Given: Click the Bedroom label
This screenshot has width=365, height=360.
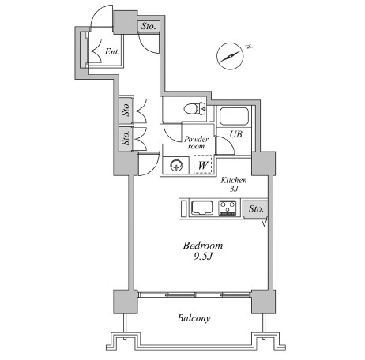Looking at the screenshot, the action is [x=203, y=246].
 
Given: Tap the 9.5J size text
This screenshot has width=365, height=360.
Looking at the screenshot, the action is [x=203, y=256].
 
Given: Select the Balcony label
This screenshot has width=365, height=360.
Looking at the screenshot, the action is [x=194, y=318].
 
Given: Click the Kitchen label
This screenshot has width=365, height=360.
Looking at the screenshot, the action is [x=234, y=180].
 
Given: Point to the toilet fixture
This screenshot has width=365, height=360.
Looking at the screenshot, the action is [x=195, y=108].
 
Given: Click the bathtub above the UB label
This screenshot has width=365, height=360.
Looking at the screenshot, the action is [x=234, y=116].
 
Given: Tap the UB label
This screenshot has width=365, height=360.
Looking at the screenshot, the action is [x=235, y=134].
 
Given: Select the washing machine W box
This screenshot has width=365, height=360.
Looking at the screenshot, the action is [x=203, y=164].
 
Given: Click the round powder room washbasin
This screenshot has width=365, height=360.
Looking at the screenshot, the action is [x=176, y=166].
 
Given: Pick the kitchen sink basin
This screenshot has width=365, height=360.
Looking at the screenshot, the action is [x=202, y=208].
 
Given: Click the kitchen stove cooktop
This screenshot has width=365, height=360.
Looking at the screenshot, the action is [x=228, y=208].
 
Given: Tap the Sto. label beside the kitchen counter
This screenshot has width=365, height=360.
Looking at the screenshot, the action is [x=256, y=209].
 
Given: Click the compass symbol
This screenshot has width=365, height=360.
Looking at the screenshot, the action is [x=230, y=56].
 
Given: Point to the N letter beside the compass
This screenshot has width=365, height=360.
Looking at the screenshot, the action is [x=249, y=47].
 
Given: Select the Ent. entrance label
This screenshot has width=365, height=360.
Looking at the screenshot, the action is [x=112, y=51].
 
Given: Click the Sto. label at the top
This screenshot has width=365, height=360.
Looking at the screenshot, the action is [x=149, y=26].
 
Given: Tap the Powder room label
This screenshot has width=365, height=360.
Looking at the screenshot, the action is [x=196, y=142].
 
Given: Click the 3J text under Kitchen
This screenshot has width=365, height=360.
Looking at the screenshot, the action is [x=234, y=189].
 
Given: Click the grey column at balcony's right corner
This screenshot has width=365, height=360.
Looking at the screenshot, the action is [x=263, y=302].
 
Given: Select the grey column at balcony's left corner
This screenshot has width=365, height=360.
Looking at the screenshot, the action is [x=125, y=302].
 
